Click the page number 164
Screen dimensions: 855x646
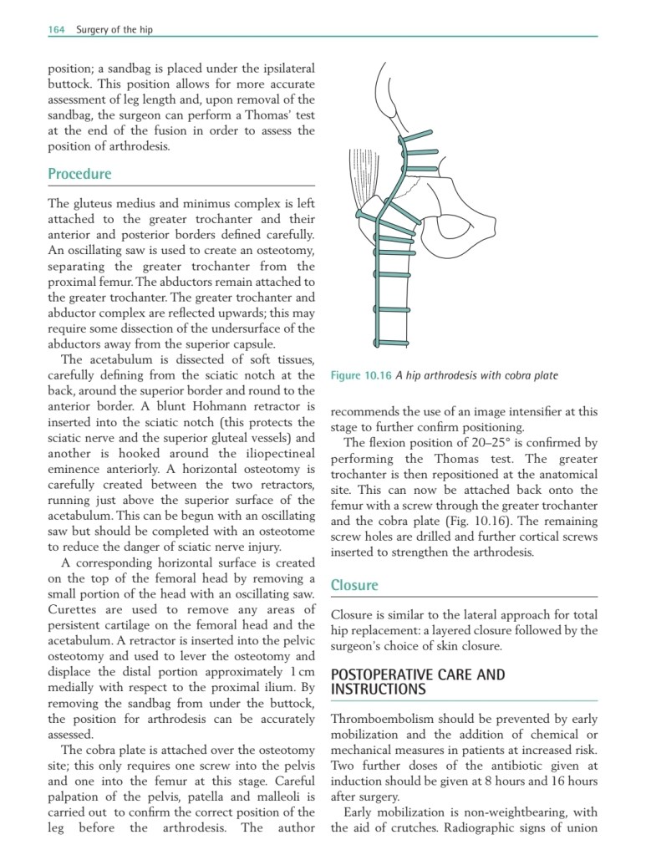pyautogui.click(x=57, y=30)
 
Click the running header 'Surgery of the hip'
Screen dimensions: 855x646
pyautogui.click(x=114, y=30)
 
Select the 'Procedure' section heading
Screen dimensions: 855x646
pyautogui.click(x=79, y=174)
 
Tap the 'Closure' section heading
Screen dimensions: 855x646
pyautogui.click(x=354, y=585)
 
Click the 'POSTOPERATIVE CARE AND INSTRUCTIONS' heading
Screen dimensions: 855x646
pyautogui.click(x=418, y=681)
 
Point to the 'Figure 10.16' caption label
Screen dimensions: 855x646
pyautogui.click(x=356, y=375)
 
